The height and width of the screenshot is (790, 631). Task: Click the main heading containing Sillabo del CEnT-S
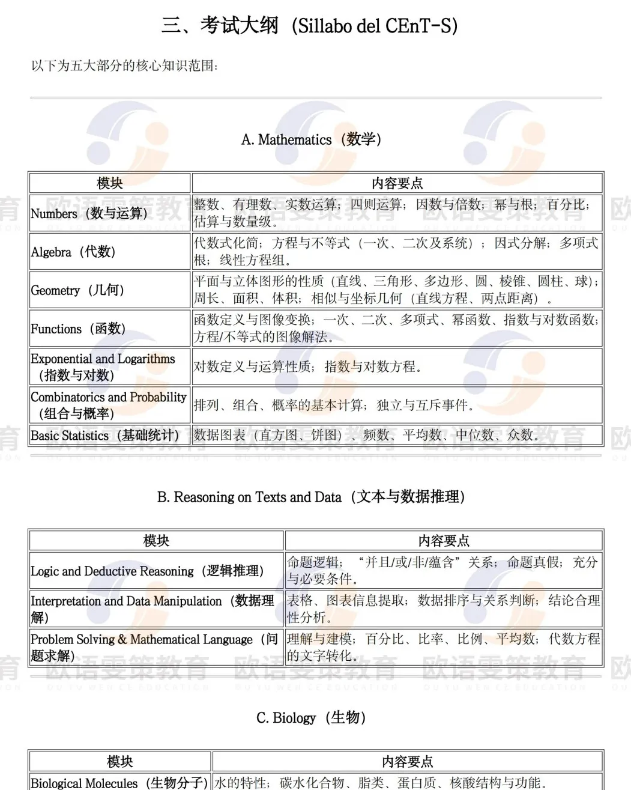pyautogui.click(x=310, y=26)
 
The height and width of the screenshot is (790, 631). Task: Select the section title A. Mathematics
pyautogui.click(x=311, y=139)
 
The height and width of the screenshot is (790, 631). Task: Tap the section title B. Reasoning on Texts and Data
pyautogui.click(x=311, y=497)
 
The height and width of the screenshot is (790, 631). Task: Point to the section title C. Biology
pyautogui.click(x=311, y=717)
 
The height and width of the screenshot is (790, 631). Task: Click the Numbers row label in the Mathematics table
pyautogui.click(x=89, y=213)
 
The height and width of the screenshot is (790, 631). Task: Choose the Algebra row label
pyautogui.click(x=73, y=252)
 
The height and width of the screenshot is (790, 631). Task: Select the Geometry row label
pyautogui.click(x=77, y=290)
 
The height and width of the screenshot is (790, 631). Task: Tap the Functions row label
pyautogui.click(x=78, y=329)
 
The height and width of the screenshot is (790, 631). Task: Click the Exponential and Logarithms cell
pyautogui.click(x=103, y=366)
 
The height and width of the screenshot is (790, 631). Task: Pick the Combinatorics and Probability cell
pyautogui.click(x=109, y=405)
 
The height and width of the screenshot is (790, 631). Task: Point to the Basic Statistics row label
pyautogui.click(x=105, y=436)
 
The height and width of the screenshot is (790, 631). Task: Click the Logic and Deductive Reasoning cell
pyautogui.click(x=147, y=571)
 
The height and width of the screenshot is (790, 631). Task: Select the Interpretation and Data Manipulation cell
pyautogui.click(x=152, y=609)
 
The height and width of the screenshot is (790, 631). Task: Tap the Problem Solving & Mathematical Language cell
pyautogui.click(x=154, y=647)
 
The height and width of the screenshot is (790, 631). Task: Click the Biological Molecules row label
pyautogui.click(x=119, y=782)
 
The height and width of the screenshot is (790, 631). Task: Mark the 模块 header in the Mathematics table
pyautogui.click(x=110, y=183)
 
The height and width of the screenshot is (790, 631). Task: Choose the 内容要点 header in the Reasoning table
pyautogui.click(x=444, y=541)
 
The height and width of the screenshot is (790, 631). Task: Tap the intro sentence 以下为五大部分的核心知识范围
pyautogui.click(x=125, y=65)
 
